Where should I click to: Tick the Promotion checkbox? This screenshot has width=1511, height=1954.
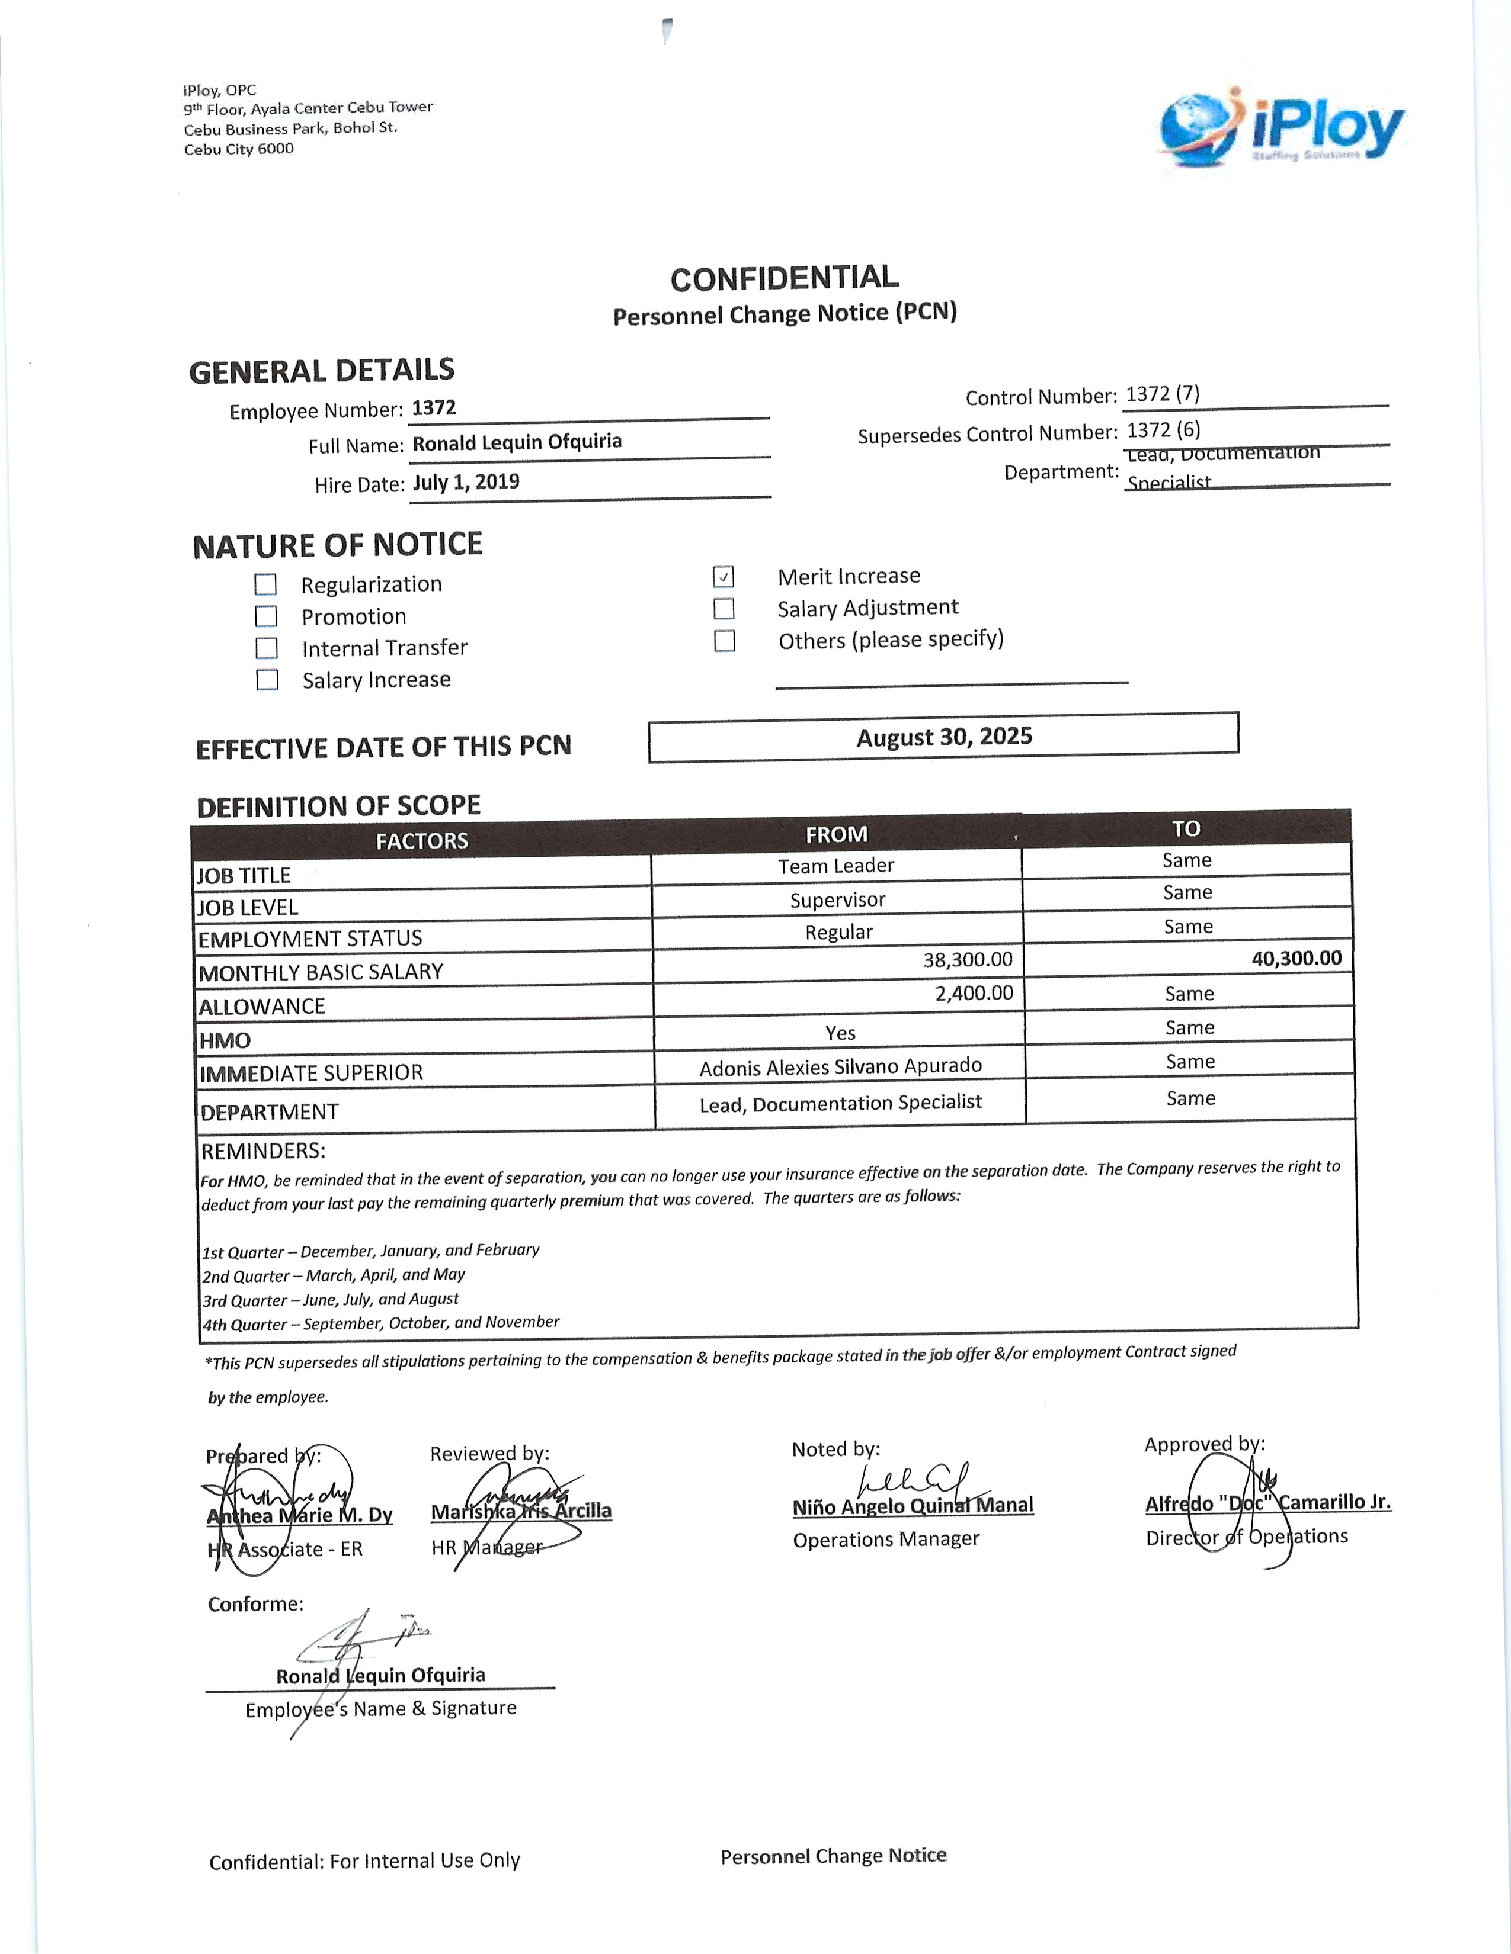coord(266,616)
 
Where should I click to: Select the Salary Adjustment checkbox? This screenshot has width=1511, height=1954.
coord(724,609)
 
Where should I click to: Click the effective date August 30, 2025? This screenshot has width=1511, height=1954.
coord(945,737)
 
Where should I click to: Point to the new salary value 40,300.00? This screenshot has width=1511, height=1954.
coord(1296,958)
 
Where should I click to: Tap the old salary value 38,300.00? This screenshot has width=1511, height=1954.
coord(968,960)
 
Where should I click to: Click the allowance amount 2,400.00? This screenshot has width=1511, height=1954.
coord(974,993)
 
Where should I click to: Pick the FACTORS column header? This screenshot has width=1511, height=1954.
coord(422,841)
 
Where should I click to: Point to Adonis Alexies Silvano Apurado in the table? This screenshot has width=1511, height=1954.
coord(841,1066)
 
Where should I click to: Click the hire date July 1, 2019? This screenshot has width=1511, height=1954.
coord(466,482)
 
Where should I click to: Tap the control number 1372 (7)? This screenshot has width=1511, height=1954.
coord(1162,394)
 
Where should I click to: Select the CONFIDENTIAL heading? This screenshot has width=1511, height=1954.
coord(784,278)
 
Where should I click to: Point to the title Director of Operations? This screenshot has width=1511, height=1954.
coord(1246,1537)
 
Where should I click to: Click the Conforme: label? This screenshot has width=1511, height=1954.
coord(255,1604)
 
